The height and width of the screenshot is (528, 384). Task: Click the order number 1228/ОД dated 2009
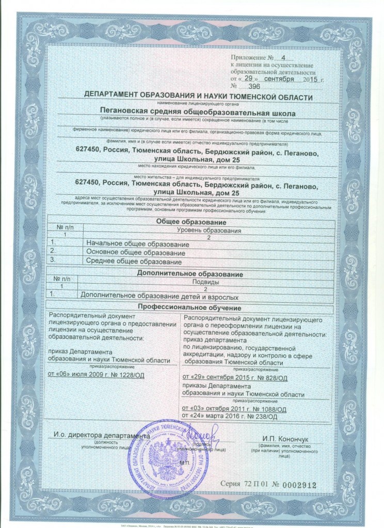coord(124,373)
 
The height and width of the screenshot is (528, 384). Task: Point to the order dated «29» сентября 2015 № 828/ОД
coord(235,378)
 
